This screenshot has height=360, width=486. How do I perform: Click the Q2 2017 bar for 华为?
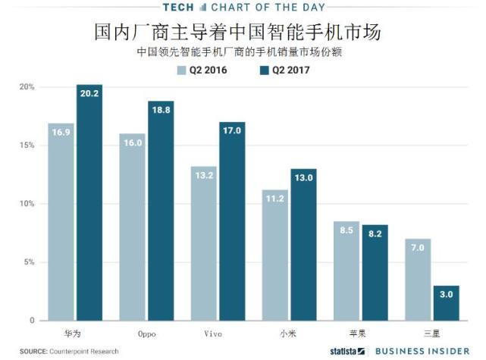(x=89, y=205)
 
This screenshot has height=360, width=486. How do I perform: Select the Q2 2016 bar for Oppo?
(x=132, y=227)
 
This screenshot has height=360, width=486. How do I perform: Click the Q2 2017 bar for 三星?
(x=447, y=303)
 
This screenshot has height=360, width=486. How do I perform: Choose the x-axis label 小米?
(x=288, y=333)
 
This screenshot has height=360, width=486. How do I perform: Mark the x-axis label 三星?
(x=432, y=333)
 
